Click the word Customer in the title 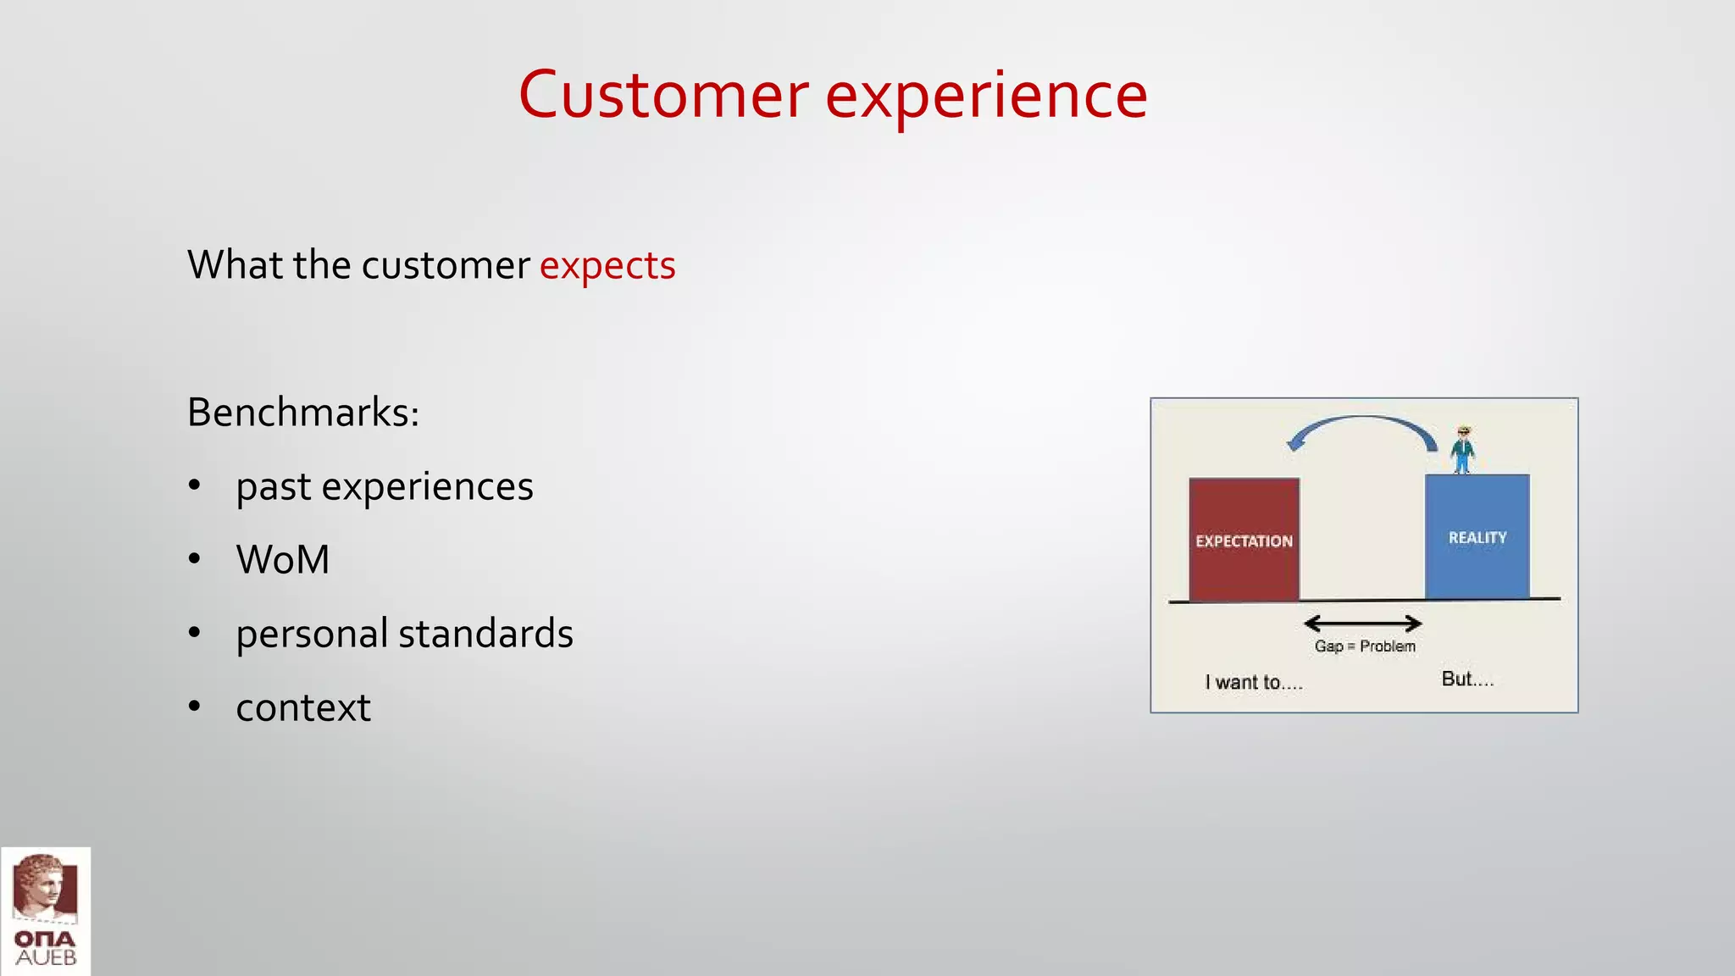pyautogui.click(x=663, y=95)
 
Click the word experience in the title pyautogui.click(x=986, y=95)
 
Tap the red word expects pyautogui.click(x=607, y=266)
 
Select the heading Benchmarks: pyautogui.click(x=303, y=413)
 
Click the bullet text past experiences pyautogui.click(x=385, y=486)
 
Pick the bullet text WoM pyautogui.click(x=283, y=560)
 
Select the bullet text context pyautogui.click(x=303, y=707)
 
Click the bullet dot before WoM pyautogui.click(x=195, y=559)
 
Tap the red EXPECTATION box pyautogui.click(x=1244, y=541)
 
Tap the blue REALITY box pyautogui.click(x=1477, y=537)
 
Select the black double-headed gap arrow pyautogui.click(x=1362, y=624)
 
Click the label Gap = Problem pyautogui.click(x=1365, y=646)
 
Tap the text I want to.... pyautogui.click(x=1253, y=682)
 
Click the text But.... pyautogui.click(x=1467, y=679)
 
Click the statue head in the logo pyautogui.click(x=42, y=885)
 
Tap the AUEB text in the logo pyautogui.click(x=46, y=958)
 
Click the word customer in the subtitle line pyautogui.click(x=446, y=266)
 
